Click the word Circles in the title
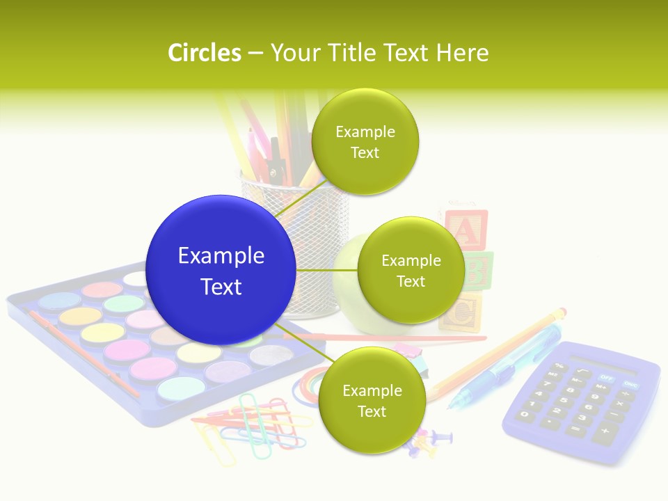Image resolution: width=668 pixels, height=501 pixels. tap(204, 53)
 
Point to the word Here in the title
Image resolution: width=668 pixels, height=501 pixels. tap(462, 53)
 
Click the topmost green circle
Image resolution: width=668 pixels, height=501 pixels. tap(365, 142)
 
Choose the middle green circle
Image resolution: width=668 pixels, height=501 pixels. tap(411, 270)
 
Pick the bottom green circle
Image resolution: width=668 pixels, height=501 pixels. tap(372, 401)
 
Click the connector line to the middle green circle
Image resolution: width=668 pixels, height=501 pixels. tap(326, 270)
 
